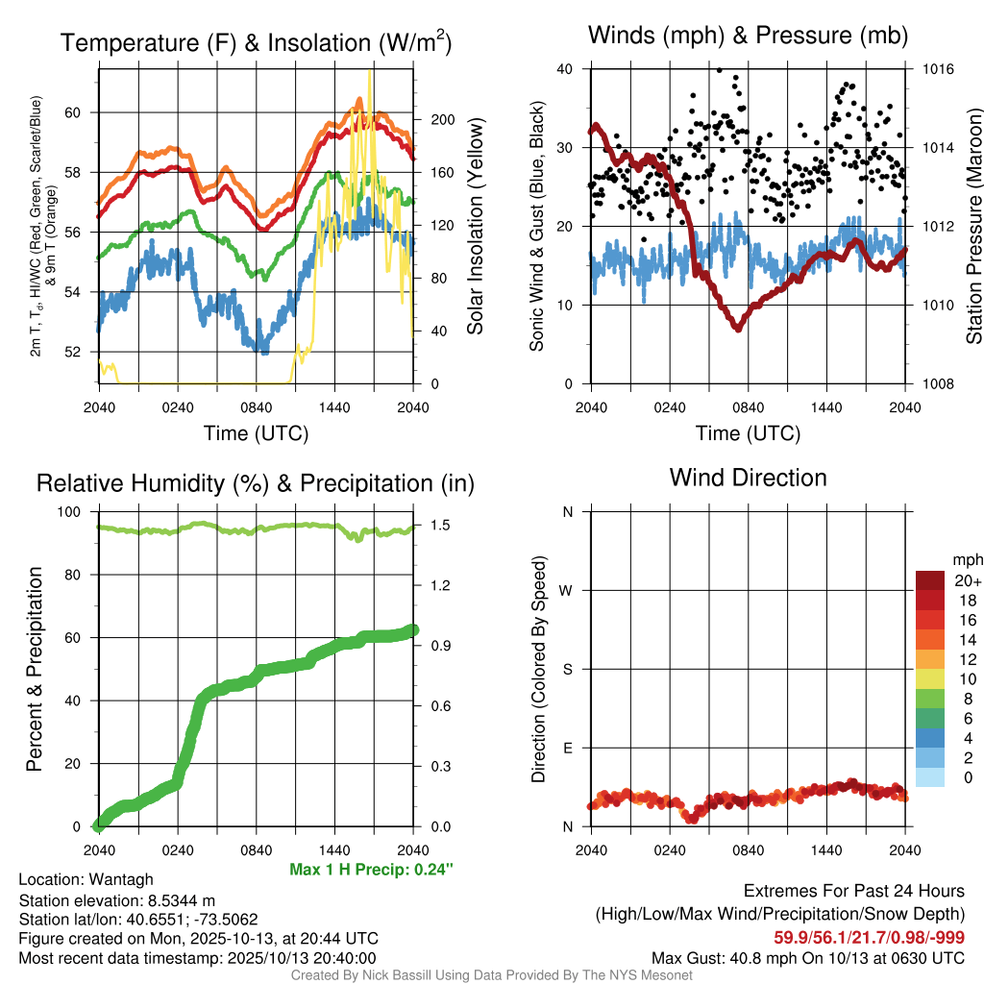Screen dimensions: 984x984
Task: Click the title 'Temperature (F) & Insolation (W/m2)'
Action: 256,43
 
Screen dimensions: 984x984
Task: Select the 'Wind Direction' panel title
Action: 748,478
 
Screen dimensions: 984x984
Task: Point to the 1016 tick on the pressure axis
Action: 938,70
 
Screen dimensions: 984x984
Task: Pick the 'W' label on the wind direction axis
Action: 567,591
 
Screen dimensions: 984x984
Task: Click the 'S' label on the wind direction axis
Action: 567,670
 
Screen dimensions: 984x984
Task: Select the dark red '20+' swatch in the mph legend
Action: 929,580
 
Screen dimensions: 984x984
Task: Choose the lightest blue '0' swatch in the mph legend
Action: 929,776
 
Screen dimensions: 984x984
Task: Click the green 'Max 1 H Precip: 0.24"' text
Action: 371,870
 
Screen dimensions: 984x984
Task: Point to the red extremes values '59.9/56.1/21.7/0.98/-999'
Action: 869,937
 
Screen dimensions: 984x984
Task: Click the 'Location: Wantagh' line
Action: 86,879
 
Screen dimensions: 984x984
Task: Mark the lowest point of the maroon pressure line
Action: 737,328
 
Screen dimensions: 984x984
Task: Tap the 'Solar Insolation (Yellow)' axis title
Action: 476,227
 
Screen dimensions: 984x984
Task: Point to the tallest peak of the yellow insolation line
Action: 369,70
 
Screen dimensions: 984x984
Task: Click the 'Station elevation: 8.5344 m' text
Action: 118,899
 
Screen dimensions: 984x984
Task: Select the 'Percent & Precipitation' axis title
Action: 35,669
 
